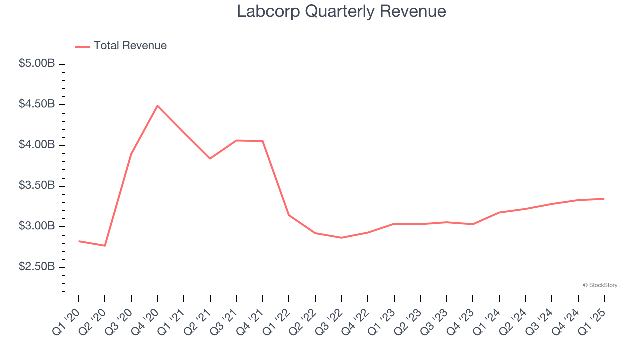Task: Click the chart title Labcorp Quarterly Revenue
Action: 341,11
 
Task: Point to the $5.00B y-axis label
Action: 37,64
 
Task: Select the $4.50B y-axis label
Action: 37,104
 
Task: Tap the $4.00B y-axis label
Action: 37,145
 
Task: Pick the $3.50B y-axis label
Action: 37,185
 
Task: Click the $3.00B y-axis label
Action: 37,226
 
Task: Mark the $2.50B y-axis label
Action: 37,267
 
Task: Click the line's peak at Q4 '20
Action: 157,106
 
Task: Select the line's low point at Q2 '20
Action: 105,246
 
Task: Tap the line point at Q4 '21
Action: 263,141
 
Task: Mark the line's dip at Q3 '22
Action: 341,238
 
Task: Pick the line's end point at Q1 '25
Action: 604,199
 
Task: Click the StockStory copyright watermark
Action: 600,285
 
